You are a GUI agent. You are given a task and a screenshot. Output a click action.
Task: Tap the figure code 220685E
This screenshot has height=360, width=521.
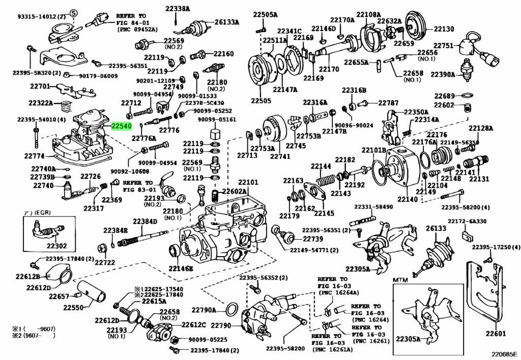502,353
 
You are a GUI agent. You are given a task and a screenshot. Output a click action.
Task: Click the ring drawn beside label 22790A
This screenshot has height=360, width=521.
230,309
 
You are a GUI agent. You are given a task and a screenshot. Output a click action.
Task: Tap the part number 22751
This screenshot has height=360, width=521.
443,46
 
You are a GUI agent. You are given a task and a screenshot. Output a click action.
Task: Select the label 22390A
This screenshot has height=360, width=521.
443,74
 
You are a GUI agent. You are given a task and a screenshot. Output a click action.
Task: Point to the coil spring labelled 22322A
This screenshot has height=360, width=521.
65,107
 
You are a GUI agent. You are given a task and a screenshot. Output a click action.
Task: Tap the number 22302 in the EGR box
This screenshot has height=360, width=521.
56,245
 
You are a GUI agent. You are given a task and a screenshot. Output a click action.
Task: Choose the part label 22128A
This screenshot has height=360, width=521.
481,128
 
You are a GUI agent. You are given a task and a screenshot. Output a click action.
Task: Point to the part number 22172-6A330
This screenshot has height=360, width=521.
467,221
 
